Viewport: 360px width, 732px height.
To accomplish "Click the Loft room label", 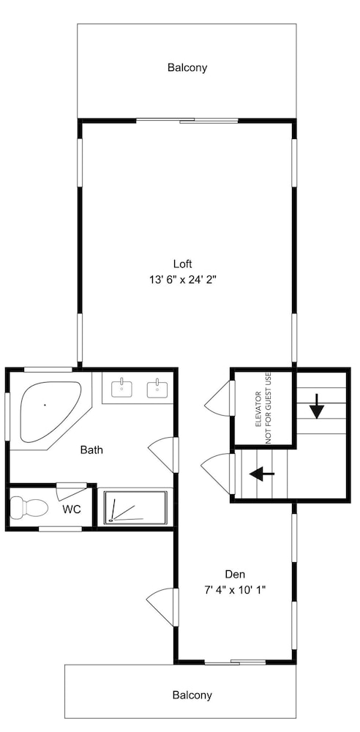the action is (x=183, y=264).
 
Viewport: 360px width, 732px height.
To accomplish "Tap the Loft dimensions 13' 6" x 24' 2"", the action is (x=183, y=280).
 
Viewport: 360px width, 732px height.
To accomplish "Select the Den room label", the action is (x=235, y=574).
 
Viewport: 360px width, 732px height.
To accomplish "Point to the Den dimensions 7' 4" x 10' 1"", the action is (x=235, y=589).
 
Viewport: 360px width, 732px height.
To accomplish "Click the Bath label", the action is (x=91, y=450).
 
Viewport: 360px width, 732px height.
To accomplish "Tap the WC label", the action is (x=72, y=509).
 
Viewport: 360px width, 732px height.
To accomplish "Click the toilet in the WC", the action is (x=29, y=507).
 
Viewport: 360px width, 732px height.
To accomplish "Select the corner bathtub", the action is (x=50, y=411).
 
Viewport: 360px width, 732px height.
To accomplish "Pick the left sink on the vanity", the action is (x=121, y=387).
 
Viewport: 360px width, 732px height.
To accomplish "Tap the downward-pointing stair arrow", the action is (x=317, y=406).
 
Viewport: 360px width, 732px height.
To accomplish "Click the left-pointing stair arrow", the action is (x=262, y=474).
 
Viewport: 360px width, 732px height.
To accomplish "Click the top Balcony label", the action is (x=187, y=67).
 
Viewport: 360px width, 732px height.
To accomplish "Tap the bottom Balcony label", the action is (x=192, y=695).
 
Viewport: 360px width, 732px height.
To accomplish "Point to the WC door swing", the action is (x=72, y=491).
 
